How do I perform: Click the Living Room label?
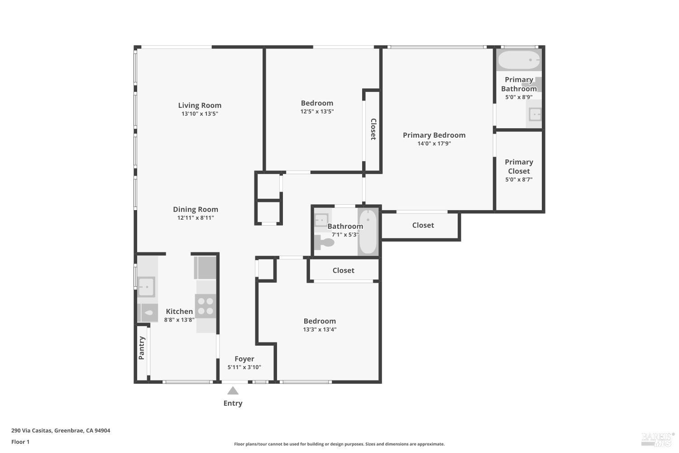click(200, 105)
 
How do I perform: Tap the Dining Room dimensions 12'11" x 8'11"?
click(196, 218)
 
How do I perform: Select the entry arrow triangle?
click(233, 390)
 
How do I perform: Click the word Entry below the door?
click(233, 403)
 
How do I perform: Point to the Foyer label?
click(244, 359)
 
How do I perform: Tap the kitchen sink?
click(146, 287)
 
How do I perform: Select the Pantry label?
click(142, 348)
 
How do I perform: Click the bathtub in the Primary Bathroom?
click(519, 60)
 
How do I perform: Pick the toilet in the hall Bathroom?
click(324, 243)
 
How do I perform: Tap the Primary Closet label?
click(519, 166)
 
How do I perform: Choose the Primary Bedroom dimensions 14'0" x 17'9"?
click(434, 144)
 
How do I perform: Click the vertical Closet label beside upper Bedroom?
click(373, 129)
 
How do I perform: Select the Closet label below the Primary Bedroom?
click(423, 225)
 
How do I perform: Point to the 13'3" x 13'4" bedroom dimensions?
click(320, 329)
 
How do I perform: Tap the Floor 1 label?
click(20, 442)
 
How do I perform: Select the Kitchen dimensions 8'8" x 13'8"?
click(179, 320)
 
